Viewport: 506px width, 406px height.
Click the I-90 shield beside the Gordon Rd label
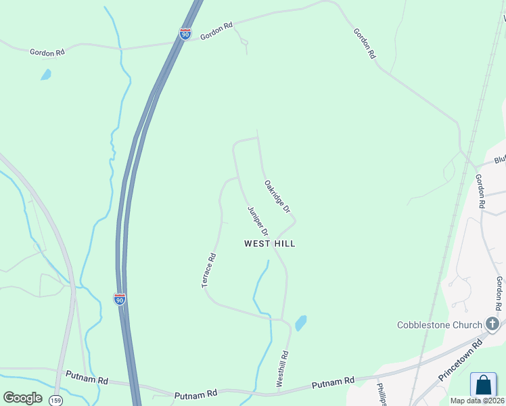pyautogui.click(x=185, y=34)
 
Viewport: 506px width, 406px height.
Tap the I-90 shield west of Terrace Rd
pyautogui.click(x=119, y=298)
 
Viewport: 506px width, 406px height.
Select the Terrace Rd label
pyautogui.click(x=209, y=271)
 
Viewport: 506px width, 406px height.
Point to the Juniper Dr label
pyautogui.click(x=258, y=221)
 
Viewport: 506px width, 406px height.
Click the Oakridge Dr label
pyautogui.click(x=277, y=195)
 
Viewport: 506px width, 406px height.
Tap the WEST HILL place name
pyautogui.click(x=270, y=244)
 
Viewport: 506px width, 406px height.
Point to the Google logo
pyautogui.click(x=22, y=398)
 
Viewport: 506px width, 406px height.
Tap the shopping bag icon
pyautogui.click(x=483, y=385)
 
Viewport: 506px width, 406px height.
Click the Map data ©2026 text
pyautogui.click(x=478, y=401)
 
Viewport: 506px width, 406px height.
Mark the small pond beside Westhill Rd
pyautogui.click(x=300, y=323)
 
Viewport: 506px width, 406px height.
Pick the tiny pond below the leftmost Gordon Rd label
pyautogui.click(x=45, y=74)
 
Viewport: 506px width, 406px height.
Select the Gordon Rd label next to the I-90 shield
pyautogui.click(x=216, y=31)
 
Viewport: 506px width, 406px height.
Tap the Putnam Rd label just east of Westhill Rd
pyautogui.click(x=333, y=384)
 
